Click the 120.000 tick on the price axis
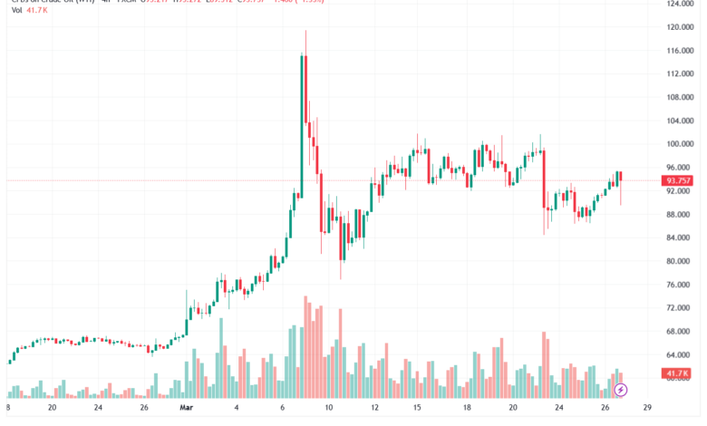click(x=679, y=27)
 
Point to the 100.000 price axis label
click(x=679, y=144)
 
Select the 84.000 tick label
click(x=681, y=238)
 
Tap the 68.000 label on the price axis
click(x=681, y=332)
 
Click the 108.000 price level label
click(x=679, y=98)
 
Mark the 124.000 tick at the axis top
click(x=679, y=5)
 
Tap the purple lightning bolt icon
click(x=621, y=391)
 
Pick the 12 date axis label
click(x=373, y=409)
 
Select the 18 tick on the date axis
click(x=467, y=409)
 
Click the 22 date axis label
click(x=559, y=409)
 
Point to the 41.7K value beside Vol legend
click(x=39, y=13)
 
